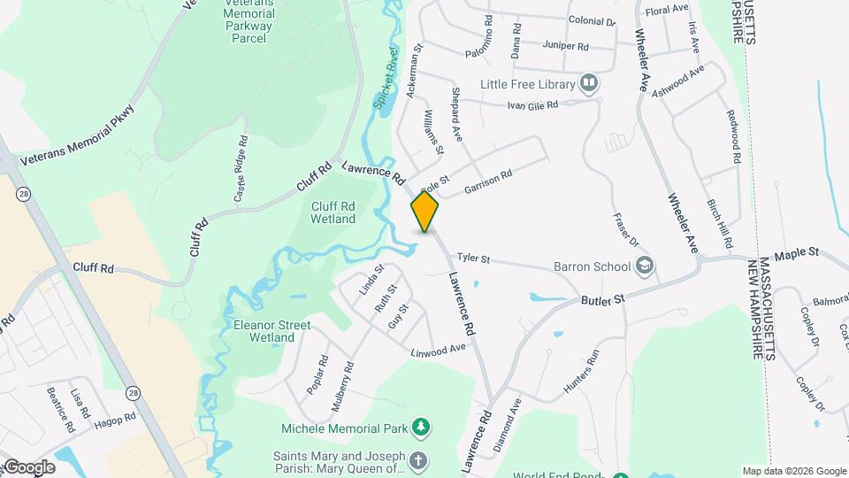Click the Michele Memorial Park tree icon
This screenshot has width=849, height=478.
point(423,429)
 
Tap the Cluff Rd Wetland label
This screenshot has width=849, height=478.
point(333,212)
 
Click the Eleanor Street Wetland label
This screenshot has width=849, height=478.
point(272,331)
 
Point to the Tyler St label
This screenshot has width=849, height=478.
point(473,258)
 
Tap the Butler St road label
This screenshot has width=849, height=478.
point(603,301)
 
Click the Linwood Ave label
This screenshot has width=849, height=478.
point(438,350)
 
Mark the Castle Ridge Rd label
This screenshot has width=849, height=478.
point(240,169)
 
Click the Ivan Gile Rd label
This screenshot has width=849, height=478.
point(532,104)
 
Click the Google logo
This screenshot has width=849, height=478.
point(28,467)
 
